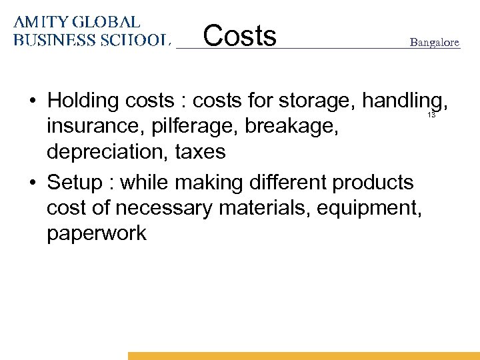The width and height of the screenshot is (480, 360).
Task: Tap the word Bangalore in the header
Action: [434, 43]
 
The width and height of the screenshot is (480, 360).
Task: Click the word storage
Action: [317, 101]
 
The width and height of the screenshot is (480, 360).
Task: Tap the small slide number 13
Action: [431, 115]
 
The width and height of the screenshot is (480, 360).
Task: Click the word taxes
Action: [200, 152]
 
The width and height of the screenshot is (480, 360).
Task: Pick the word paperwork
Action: [97, 233]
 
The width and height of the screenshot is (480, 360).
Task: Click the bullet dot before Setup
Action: [32, 182]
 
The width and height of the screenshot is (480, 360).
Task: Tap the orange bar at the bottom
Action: [303, 356]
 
